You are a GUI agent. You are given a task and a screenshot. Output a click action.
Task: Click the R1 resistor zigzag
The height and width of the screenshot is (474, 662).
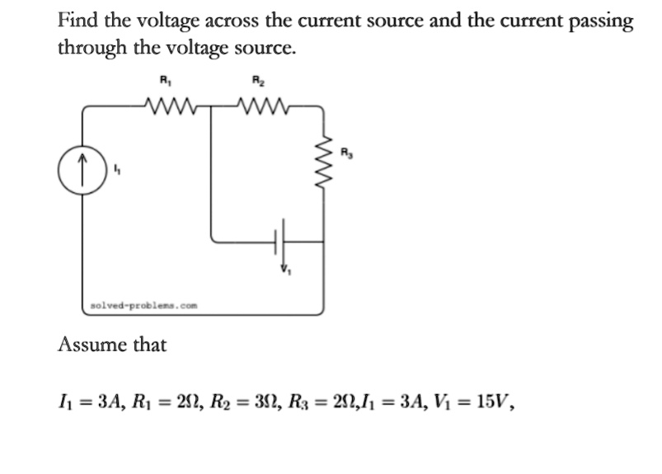pyautogui.click(x=171, y=105)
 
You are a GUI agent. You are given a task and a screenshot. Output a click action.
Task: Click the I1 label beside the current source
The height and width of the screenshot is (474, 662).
pyautogui.click(x=119, y=171)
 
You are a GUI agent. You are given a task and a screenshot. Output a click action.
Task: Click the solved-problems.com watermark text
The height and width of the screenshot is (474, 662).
pyautogui.click(x=143, y=305)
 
